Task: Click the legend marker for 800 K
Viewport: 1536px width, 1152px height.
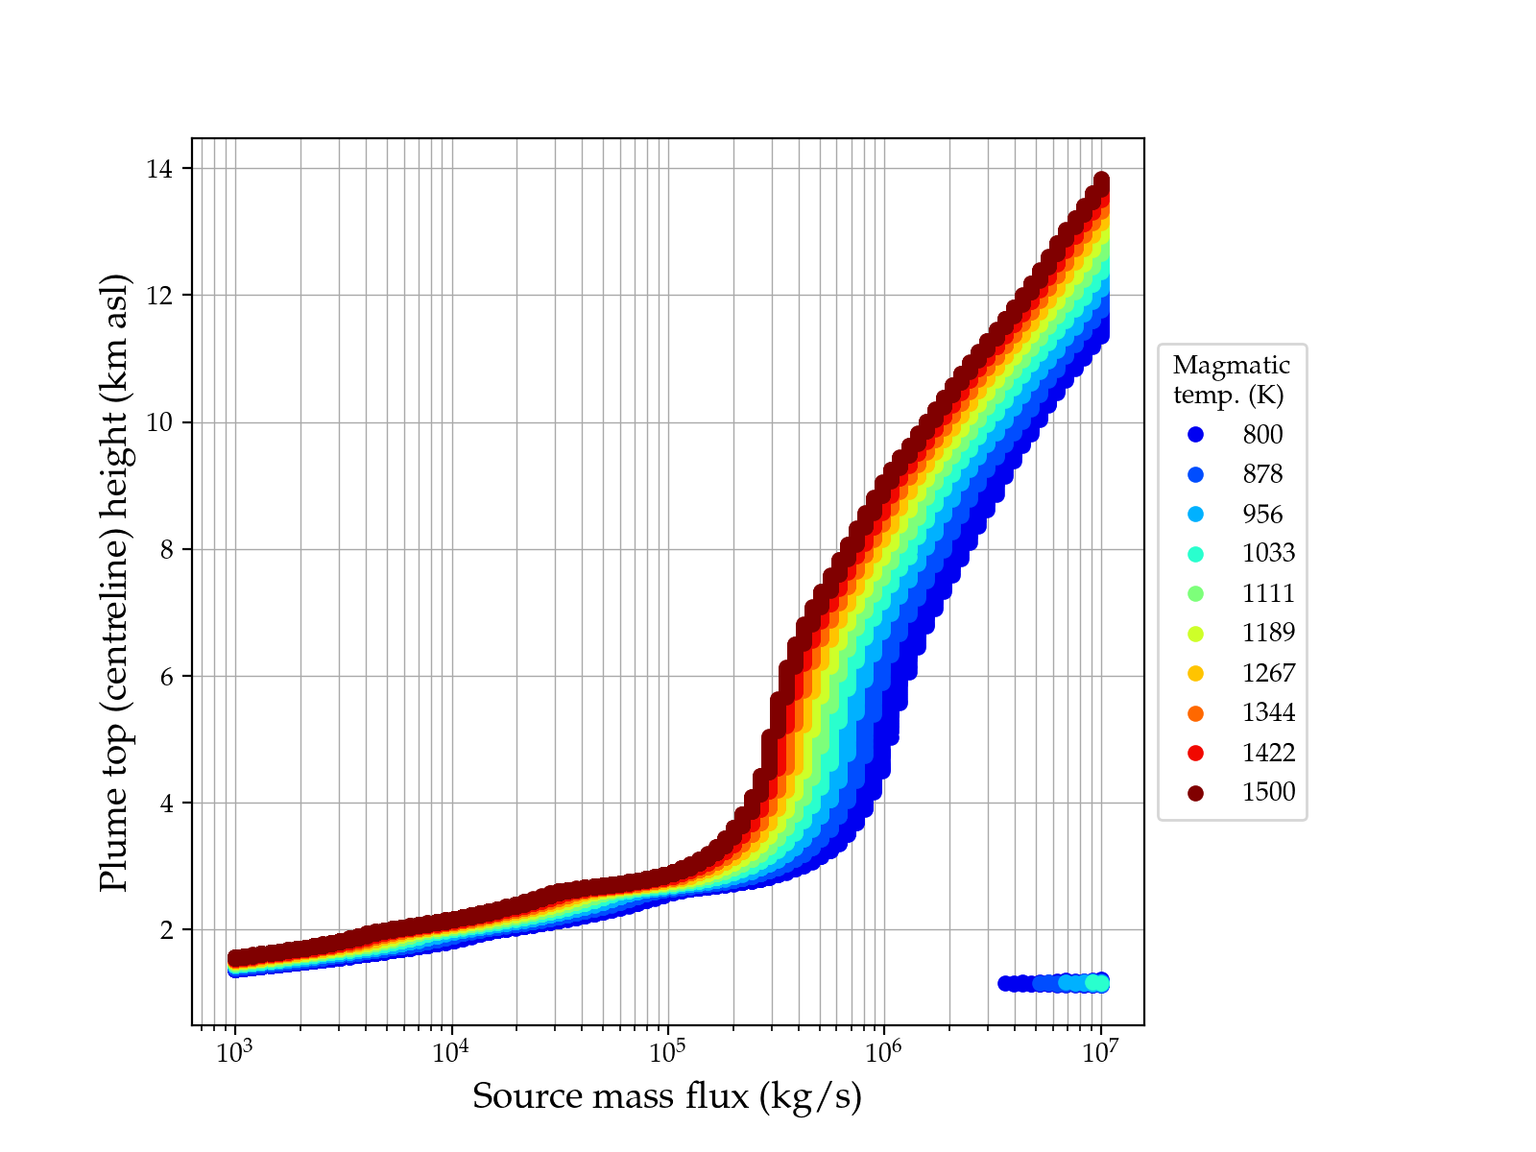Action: pos(1195,435)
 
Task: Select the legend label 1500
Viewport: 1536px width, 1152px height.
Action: pos(1268,792)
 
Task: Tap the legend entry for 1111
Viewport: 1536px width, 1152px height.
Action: pos(1268,593)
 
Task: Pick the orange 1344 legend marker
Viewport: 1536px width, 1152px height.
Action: pos(1195,713)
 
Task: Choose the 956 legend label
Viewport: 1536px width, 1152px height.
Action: pos(1262,515)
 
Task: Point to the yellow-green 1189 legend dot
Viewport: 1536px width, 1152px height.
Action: pos(1195,634)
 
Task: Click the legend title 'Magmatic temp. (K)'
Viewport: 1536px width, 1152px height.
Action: pos(1231,379)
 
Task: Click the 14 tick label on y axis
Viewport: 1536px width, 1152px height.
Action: pos(159,169)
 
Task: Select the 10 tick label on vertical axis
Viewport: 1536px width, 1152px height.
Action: pos(159,422)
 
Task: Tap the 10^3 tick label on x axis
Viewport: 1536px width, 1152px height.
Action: pos(234,1053)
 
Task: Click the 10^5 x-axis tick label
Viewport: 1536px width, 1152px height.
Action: pos(667,1053)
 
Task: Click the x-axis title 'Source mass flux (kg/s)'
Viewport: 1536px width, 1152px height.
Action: pos(667,1096)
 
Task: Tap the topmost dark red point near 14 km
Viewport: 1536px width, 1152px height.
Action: pos(1101,180)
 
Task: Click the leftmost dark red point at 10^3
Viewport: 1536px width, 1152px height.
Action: pos(234,958)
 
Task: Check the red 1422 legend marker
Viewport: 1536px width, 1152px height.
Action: pos(1195,753)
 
